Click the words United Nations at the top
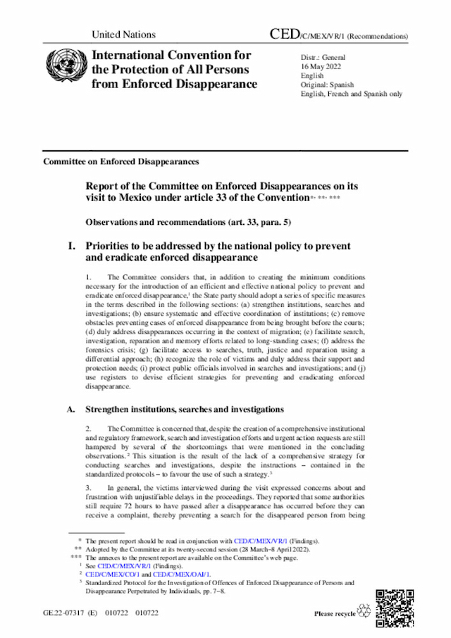tap(123, 35)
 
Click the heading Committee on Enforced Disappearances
tap(121, 161)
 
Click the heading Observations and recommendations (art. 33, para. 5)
tap(188, 222)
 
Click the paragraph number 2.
tap(88, 429)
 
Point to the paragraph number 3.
tap(88, 487)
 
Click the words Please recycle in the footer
tap(335, 614)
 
